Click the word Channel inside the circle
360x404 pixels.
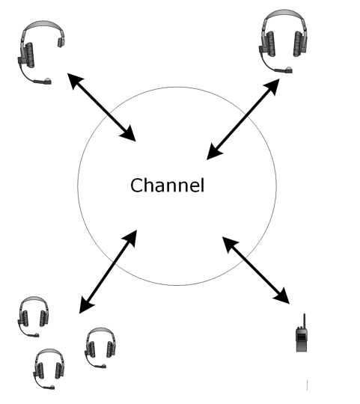(x=167, y=185)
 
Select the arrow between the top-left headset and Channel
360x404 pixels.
(x=102, y=107)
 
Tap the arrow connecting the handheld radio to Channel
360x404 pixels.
(x=255, y=270)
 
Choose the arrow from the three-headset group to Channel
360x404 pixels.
(x=108, y=270)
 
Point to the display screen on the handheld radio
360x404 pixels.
(x=302, y=337)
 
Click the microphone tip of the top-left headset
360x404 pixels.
(x=48, y=80)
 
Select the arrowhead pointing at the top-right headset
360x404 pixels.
(x=273, y=85)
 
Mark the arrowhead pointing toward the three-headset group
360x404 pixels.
(x=85, y=303)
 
